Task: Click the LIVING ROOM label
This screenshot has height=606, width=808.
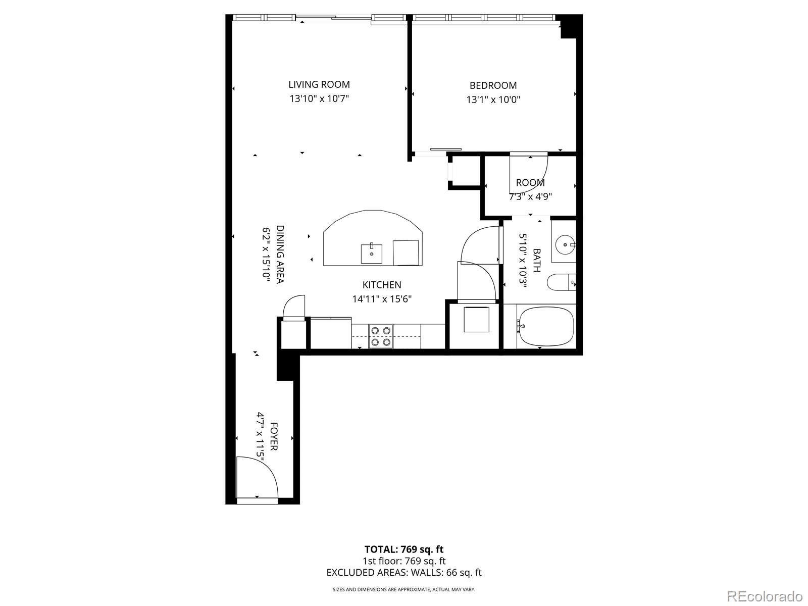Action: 319,84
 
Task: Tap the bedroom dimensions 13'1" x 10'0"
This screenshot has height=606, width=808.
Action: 493,99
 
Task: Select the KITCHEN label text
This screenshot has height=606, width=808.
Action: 382,285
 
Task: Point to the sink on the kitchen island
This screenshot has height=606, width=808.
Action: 371,252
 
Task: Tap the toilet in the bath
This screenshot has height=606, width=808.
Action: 561,282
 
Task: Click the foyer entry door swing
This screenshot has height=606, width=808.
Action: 257,477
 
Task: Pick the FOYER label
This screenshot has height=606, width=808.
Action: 274,436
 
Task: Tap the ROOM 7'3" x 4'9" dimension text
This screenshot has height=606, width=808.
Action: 530,196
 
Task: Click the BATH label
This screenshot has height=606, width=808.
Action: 536,260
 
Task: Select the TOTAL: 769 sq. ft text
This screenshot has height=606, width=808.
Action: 404,549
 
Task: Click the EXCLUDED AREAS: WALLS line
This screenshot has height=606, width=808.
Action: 404,572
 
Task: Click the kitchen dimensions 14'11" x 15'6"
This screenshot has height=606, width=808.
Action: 382,299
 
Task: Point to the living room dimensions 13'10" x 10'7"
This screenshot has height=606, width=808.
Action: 319,98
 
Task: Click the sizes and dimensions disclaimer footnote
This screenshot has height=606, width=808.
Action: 404,589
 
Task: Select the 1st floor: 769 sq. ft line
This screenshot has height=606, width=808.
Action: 404,561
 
